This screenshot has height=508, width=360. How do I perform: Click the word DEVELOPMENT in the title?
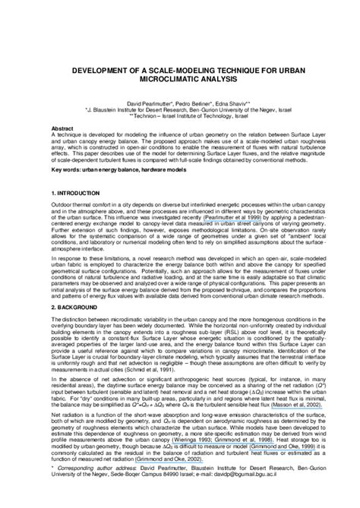tap(103, 68)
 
